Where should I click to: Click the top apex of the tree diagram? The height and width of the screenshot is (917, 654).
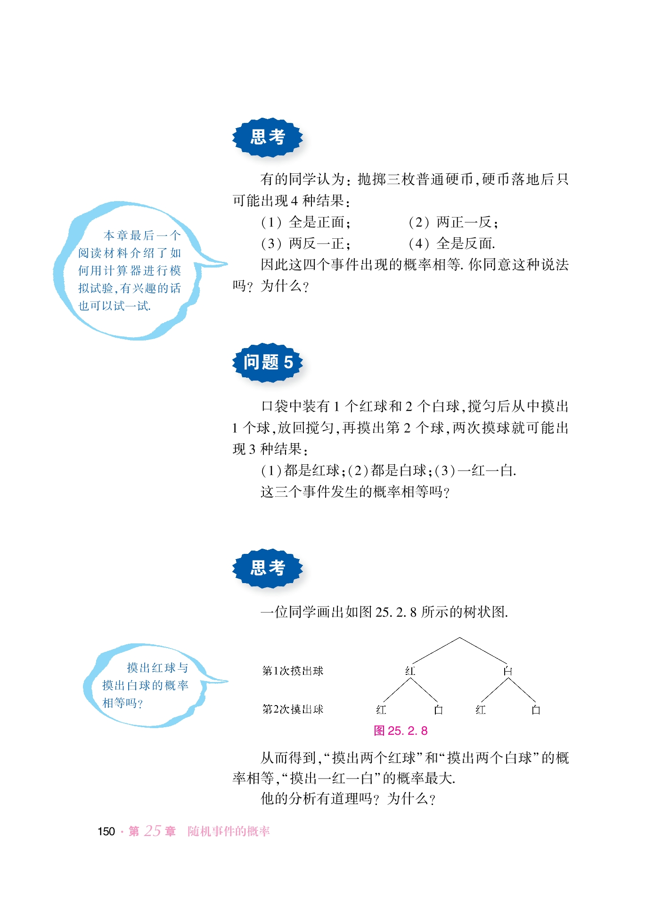click(x=459, y=638)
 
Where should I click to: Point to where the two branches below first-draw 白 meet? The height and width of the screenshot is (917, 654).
click(x=508, y=677)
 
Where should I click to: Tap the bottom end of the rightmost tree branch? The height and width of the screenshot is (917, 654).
click(x=536, y=702)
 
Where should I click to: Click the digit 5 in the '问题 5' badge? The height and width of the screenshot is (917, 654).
click(x=288, y=362)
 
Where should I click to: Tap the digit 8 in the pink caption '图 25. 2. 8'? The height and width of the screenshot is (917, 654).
click(x=424, y=730)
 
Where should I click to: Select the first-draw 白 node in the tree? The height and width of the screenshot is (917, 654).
click(x=507, y=671)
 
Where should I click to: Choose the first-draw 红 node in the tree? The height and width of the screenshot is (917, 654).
click(x=410, y=671)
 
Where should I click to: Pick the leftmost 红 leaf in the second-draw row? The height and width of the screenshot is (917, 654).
click(x=381, y=710)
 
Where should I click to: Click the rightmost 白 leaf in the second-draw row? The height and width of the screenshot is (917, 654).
click(x=536, y=710)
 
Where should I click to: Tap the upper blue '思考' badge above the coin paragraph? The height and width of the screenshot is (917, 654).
click(x=268, y=137)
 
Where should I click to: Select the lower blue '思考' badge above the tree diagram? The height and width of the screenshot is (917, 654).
click(x=268, y=568)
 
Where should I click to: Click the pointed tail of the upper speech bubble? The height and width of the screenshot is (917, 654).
click(x=227, y=264)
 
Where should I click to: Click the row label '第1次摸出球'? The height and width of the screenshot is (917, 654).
click(x=293, y=671)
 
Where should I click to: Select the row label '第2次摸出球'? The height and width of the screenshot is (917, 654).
click(x=293, y=709)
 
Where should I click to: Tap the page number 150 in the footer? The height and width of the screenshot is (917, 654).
click(x=106, y=831)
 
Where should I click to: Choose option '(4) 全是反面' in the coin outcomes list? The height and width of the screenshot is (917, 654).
click(x=452, y=243)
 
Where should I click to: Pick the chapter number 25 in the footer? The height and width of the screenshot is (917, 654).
click(x=152, y=831)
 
